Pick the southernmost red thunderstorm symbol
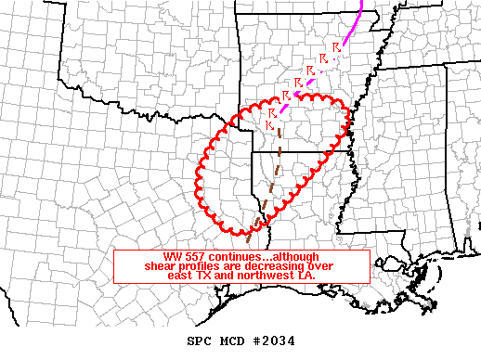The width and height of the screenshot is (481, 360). click(x=268, y=124)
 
